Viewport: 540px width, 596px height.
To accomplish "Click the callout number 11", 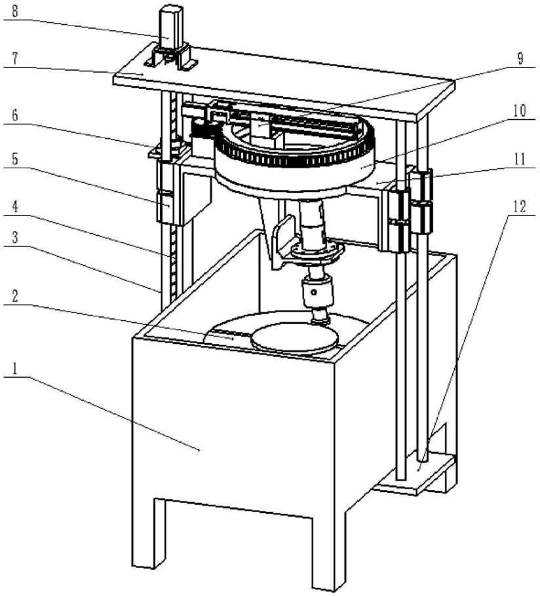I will point(519,157).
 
